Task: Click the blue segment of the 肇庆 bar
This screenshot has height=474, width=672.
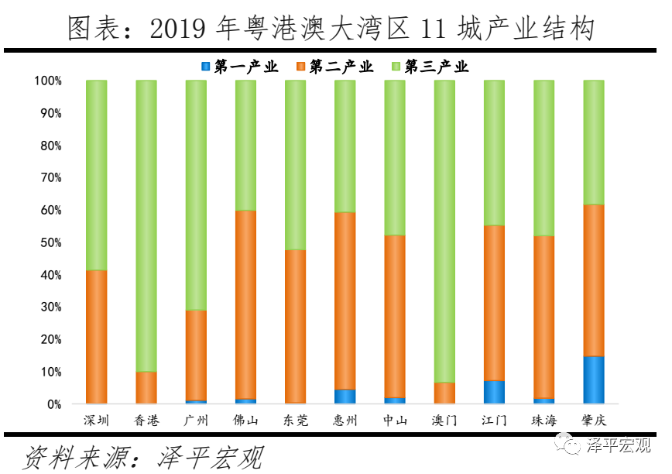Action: pyautogui.click(x=593, y=380)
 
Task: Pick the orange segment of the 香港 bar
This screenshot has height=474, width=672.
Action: pyautogui.click(x=146, y=387)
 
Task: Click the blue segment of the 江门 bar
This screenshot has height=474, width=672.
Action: pyautogui.click(x=494, y=392)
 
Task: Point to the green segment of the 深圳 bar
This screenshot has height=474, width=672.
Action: pyautogui.click(x=97, y=175)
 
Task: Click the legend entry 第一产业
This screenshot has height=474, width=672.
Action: pyautogui.click(x=239, y=67)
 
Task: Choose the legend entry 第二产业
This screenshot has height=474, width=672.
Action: pyautogui.click(x=334, y=67)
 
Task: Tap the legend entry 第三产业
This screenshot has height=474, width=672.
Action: pyautogui.click(x=430, y=67)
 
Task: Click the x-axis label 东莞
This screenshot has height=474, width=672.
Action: pyautogui.click(x=295, y=421)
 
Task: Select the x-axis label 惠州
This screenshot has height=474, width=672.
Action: pyautogui.click(x=345, y=421)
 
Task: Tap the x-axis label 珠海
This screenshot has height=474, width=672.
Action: pyautogui.click(x=543, y=421)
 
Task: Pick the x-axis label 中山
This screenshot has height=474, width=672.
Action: pyautogui.click(x=394, y=421)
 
